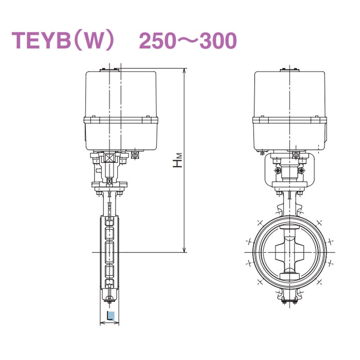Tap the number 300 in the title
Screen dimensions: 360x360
pos(218,40)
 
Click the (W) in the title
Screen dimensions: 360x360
pos(94,40)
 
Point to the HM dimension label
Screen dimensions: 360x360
pos(177,160)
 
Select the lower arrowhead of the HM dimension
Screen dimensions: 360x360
pos(184,250)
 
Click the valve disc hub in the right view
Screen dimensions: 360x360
pos(289,252)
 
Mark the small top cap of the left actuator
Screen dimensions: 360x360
pos(110,70)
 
